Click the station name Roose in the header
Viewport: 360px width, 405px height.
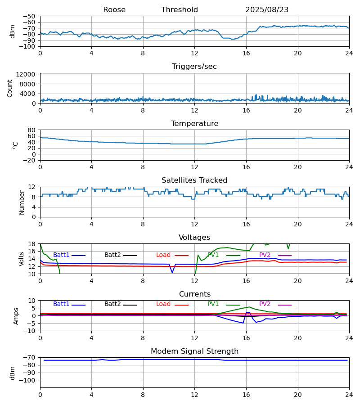(114, 10)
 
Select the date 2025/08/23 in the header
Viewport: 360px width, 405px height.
(267, 10)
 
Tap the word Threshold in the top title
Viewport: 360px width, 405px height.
(180, 10)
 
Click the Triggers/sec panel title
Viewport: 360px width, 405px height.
(194, 67)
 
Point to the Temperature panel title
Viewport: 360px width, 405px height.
(194, 124)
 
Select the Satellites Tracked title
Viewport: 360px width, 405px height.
(194, 180)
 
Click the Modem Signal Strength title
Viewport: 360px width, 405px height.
(194, 351)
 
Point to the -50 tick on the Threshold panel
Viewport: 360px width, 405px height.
(30, 16)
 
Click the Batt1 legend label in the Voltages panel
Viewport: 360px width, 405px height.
(61, 255)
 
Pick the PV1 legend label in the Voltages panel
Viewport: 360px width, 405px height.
(213, 255)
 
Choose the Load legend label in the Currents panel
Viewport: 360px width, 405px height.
(163, 304)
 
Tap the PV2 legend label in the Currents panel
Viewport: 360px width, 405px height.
(265, 304)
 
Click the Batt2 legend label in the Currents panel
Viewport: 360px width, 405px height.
(112, 304)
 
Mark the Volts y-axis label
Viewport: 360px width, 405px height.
(22, 259)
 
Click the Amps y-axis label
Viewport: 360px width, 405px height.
(17, 316)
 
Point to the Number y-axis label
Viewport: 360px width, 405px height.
(22, 202)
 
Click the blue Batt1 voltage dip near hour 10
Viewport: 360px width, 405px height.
(172, 272)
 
